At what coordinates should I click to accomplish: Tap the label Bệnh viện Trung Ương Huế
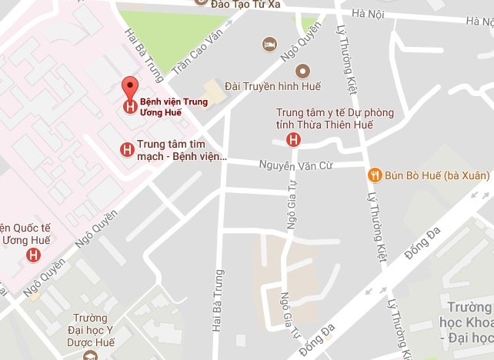[x=173, y=108]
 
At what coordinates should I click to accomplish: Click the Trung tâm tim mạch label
[x=182, y=150]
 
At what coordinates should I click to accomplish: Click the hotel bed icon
[x=269, y=44]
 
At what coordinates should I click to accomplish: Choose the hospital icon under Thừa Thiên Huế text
[x=292, y=139]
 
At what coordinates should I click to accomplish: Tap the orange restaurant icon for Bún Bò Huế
[x=375, y=175]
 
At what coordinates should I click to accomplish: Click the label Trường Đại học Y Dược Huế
[x=90, y=330]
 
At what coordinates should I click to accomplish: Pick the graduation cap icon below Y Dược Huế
[x=90, y=355]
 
